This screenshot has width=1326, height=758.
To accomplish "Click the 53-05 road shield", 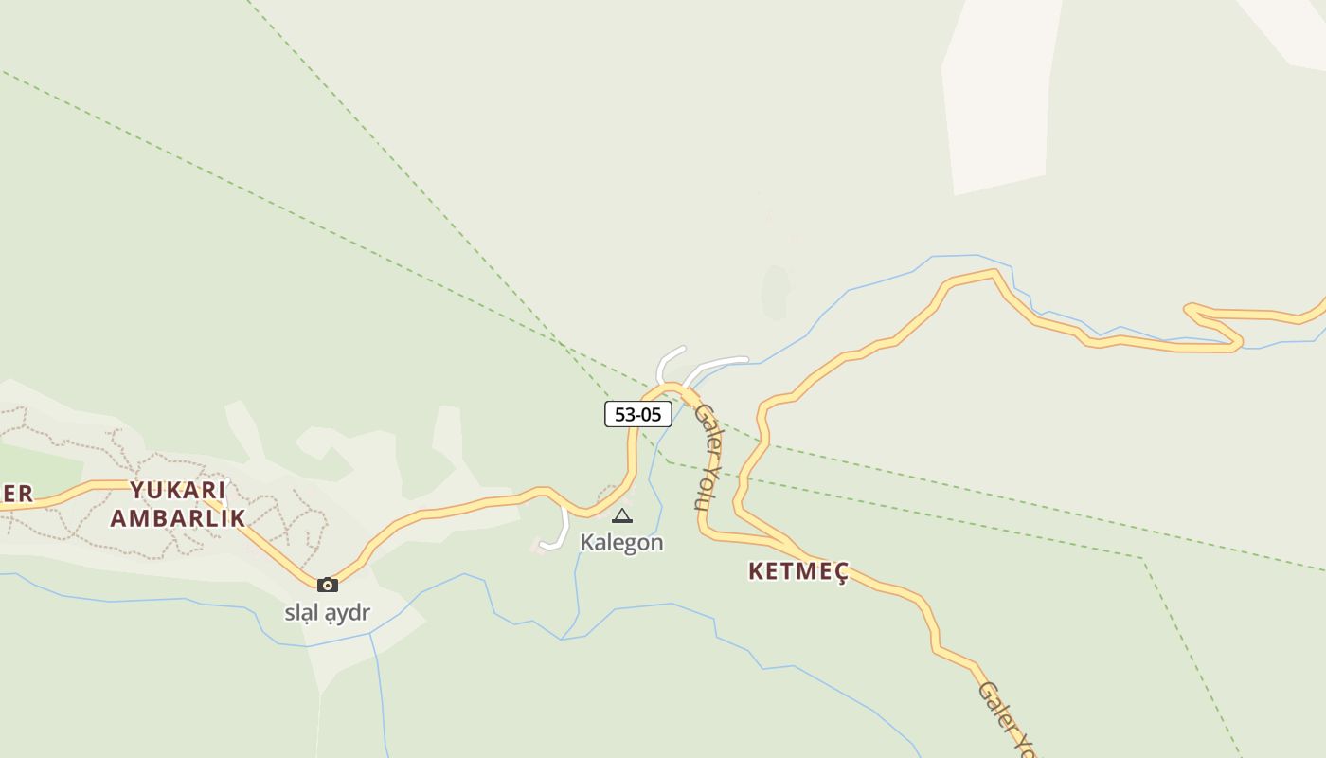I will coord(638,414).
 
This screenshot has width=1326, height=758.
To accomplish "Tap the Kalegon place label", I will coord(621,543).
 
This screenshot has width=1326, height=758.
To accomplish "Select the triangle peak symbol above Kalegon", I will coord(621,516).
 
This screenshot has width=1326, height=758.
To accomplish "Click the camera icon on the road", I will coord(328,585).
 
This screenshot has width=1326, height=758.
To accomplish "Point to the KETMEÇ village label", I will coord(798,571).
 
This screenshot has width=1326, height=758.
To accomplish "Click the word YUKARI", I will coord(178,491).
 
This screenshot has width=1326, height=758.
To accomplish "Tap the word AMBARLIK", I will coord(178,518).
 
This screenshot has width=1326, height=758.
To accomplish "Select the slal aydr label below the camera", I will coord(327,613).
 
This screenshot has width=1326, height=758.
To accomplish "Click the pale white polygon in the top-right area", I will coord(999,95).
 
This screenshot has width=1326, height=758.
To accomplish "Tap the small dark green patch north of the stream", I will coord(776,292).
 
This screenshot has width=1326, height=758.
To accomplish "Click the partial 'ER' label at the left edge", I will coord(16,494).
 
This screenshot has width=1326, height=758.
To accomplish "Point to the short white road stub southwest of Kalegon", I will coord(557,535).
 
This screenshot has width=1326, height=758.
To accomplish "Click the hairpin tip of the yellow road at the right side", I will coord(1190,308).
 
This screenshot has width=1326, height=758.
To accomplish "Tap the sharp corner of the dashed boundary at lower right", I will coord(1143,559).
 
